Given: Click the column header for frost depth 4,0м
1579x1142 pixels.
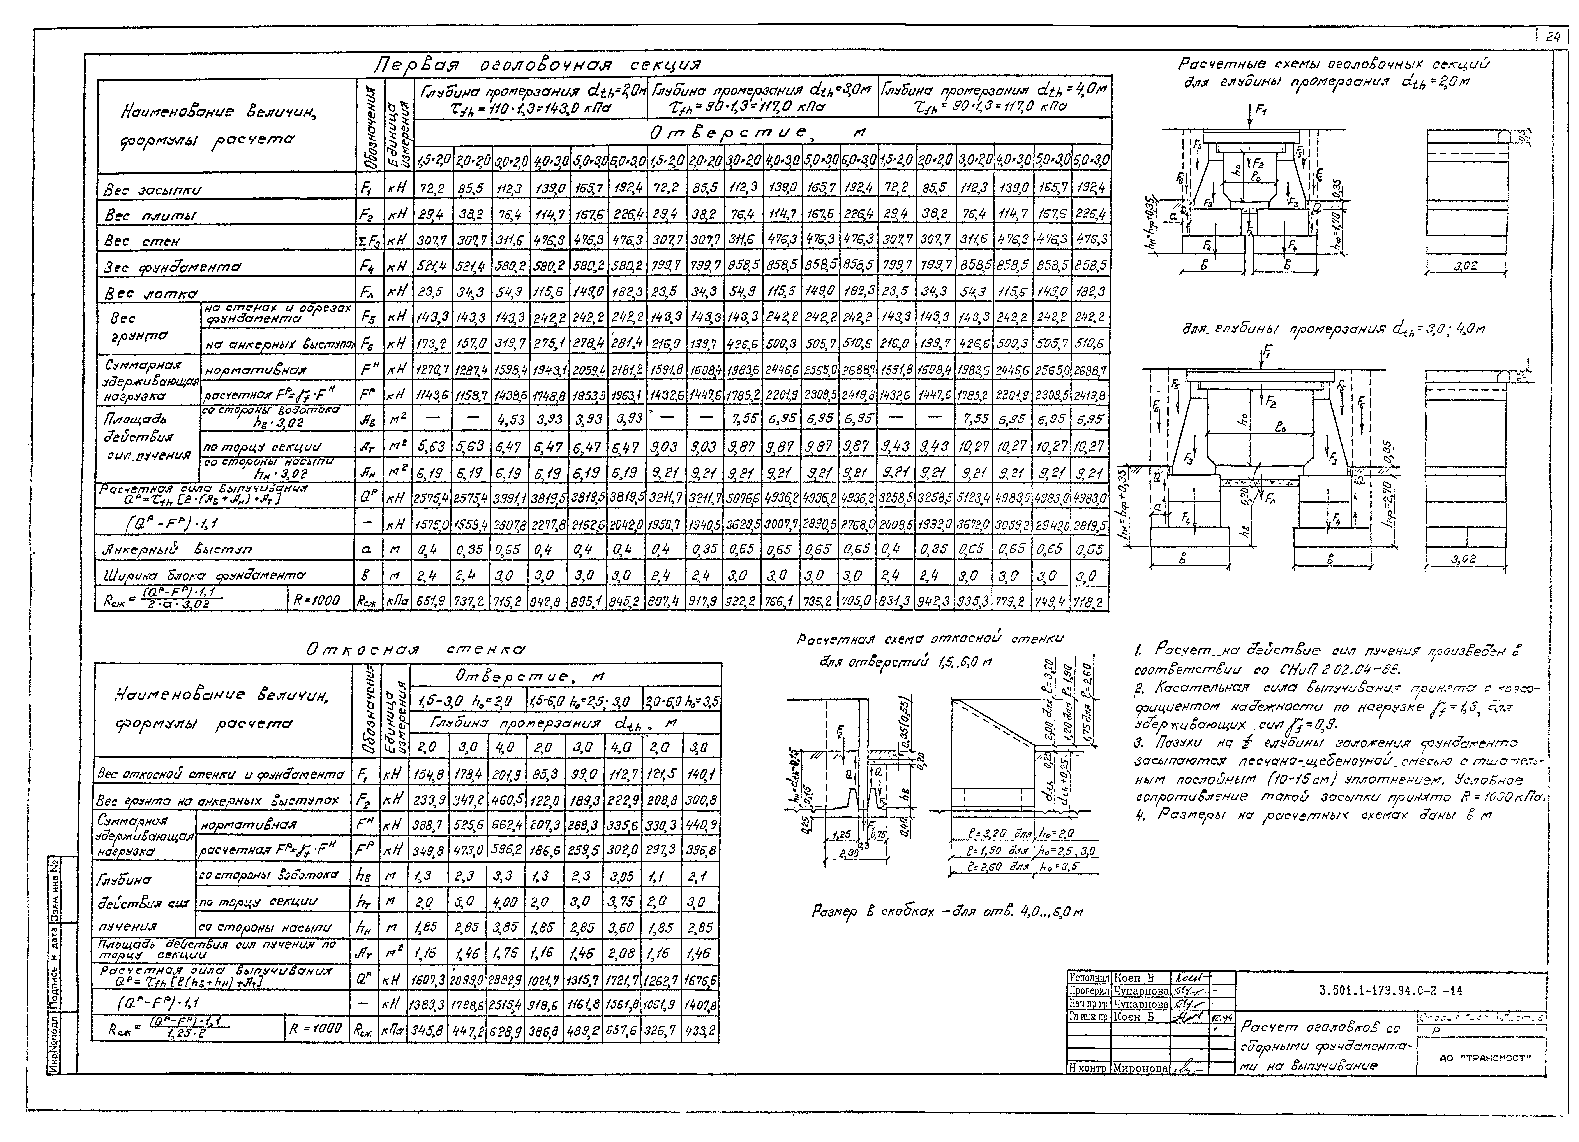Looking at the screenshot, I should [x=994, y=99].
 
